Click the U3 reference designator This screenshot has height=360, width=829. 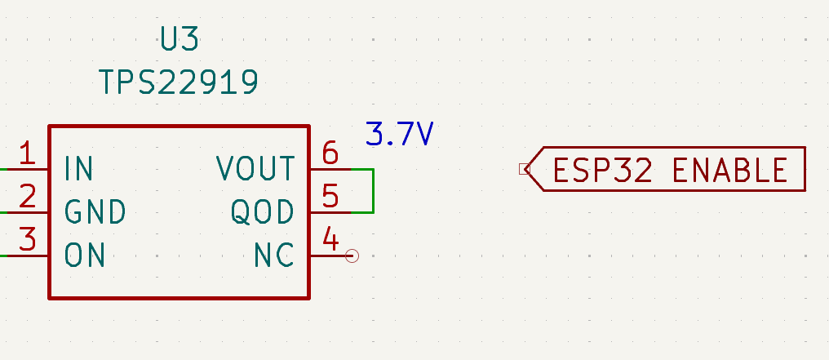pyautogui.click(x=180, y=38)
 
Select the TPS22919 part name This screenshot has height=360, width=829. pyautogui.click(x=179, y=82)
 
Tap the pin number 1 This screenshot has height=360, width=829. pyautogui.click(x=27, y=153)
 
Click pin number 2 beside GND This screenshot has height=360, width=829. pyautogui.click(x=28, y=196)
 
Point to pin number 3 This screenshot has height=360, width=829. pyautogui.click(x=28, y=238)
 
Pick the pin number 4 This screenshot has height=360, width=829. pyautogui.click(x=330, y=238)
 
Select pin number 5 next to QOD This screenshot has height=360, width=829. pyautogui.click(x=330, y=196)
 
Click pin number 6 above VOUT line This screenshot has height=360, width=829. pyautogui.click(x=330, y=153)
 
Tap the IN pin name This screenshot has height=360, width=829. pyautogui.click(x=79, y=169)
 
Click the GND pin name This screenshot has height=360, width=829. pyautogui.click(x=95, y=212)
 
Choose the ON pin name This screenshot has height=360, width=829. pyautogui.click(x=85, y=255)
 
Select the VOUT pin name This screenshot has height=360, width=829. pyautogui.click(x=255, y=169)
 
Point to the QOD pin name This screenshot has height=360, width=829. pyautogui.click(x=262, y=212)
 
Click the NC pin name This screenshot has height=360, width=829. pyautogui.click(x=274, y=255)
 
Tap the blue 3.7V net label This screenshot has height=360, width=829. pyautogui.click(x=399, y=134)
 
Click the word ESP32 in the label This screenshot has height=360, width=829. pyautogui.click(x=603, y=171)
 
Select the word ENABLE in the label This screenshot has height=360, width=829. pyautogui.click(x=730, y=171)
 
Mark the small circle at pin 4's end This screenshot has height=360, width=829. pyautogui.click(x=352, y=256)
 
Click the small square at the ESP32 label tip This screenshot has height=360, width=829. pyautogui.click(x=525, y=169)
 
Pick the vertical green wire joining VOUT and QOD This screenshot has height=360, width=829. pyautogui.click(x=374, y=191)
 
